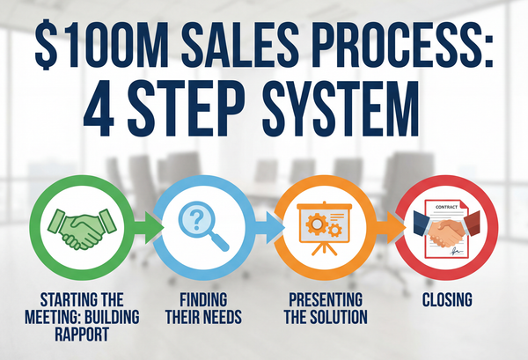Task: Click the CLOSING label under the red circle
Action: click(x=445, y=300)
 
